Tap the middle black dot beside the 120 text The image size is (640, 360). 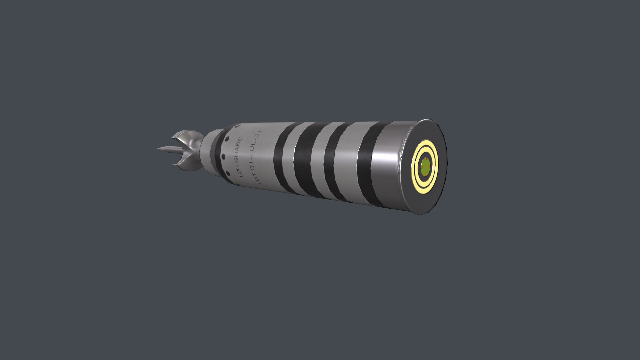click(223, 157)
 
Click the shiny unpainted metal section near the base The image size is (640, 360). click(388, 167)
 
